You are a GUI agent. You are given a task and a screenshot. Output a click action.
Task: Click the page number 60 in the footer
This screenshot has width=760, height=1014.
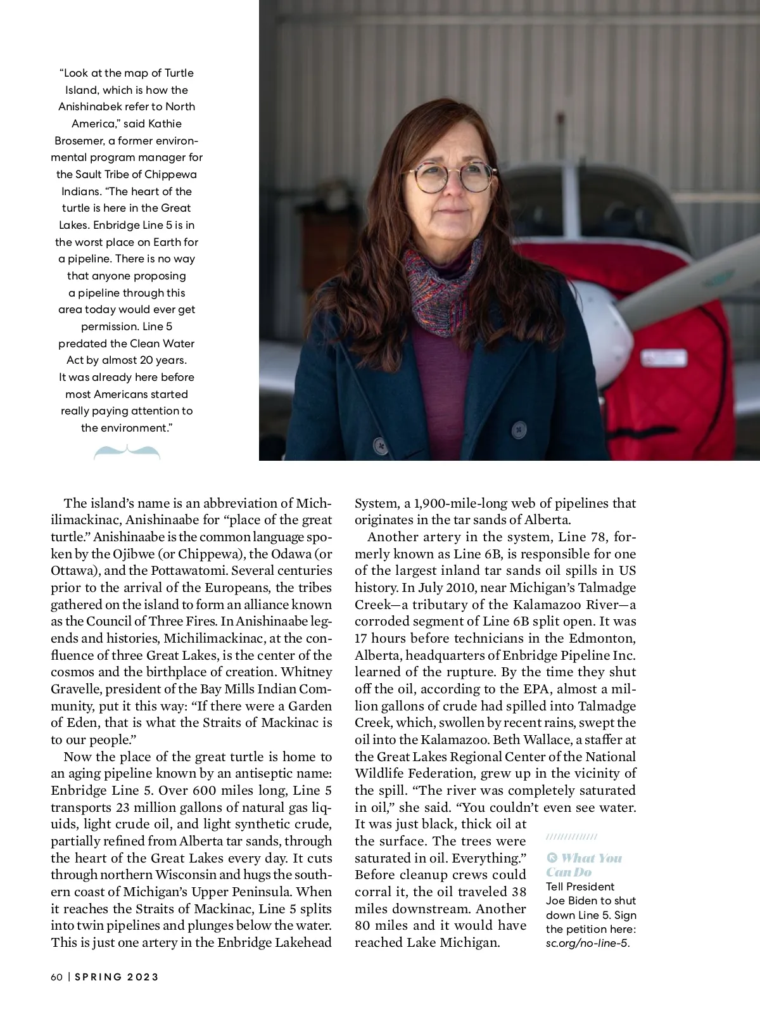[x=57, y=977]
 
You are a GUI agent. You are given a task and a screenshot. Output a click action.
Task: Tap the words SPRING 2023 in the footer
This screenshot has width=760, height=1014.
[x=117, y=977]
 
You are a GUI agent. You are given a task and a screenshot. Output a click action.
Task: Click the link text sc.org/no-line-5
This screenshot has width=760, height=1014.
[x=587, y=943]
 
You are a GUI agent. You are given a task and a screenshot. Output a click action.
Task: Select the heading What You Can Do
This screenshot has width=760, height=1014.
[x=584, y=864]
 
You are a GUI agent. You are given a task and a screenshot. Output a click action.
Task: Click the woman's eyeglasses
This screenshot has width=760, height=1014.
[x=455, y=176]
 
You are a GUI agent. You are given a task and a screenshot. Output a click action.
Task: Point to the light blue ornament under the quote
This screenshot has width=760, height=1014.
[x=127, y=452]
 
